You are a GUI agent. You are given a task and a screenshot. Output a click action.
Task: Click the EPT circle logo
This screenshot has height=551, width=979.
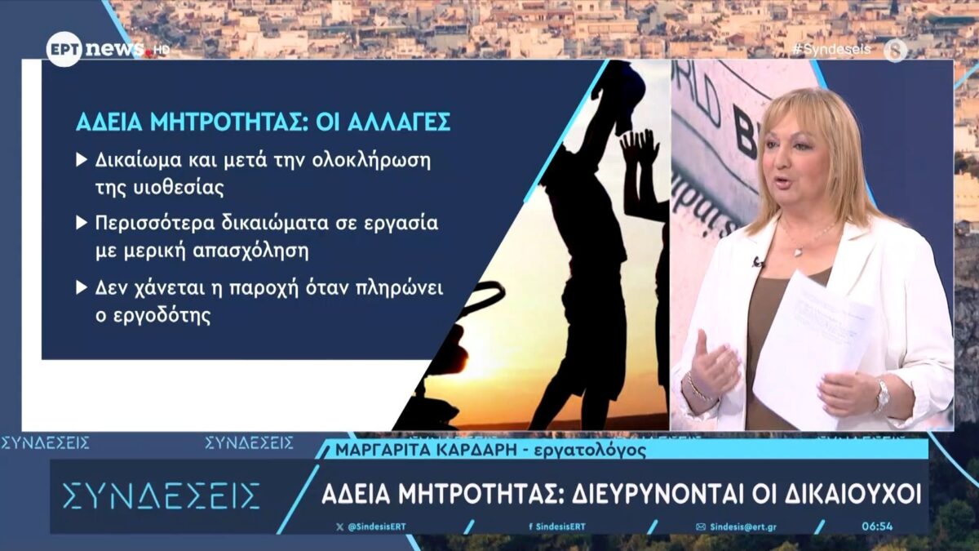pos(64,49)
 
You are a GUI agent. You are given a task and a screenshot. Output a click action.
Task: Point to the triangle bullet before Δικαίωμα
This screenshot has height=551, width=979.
pos(82,160)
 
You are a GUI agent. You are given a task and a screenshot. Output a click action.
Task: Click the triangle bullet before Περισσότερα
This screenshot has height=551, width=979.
pos(82,223)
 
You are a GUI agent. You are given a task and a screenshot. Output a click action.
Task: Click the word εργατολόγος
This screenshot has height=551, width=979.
pos(591,451)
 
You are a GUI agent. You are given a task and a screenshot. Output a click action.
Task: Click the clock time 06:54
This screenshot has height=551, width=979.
pos(877,527)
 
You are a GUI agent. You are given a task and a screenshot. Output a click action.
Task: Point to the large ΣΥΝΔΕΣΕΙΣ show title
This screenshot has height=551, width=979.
pos(162,496)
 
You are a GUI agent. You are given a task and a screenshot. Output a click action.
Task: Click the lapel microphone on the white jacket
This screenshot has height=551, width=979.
pos(758,262)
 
